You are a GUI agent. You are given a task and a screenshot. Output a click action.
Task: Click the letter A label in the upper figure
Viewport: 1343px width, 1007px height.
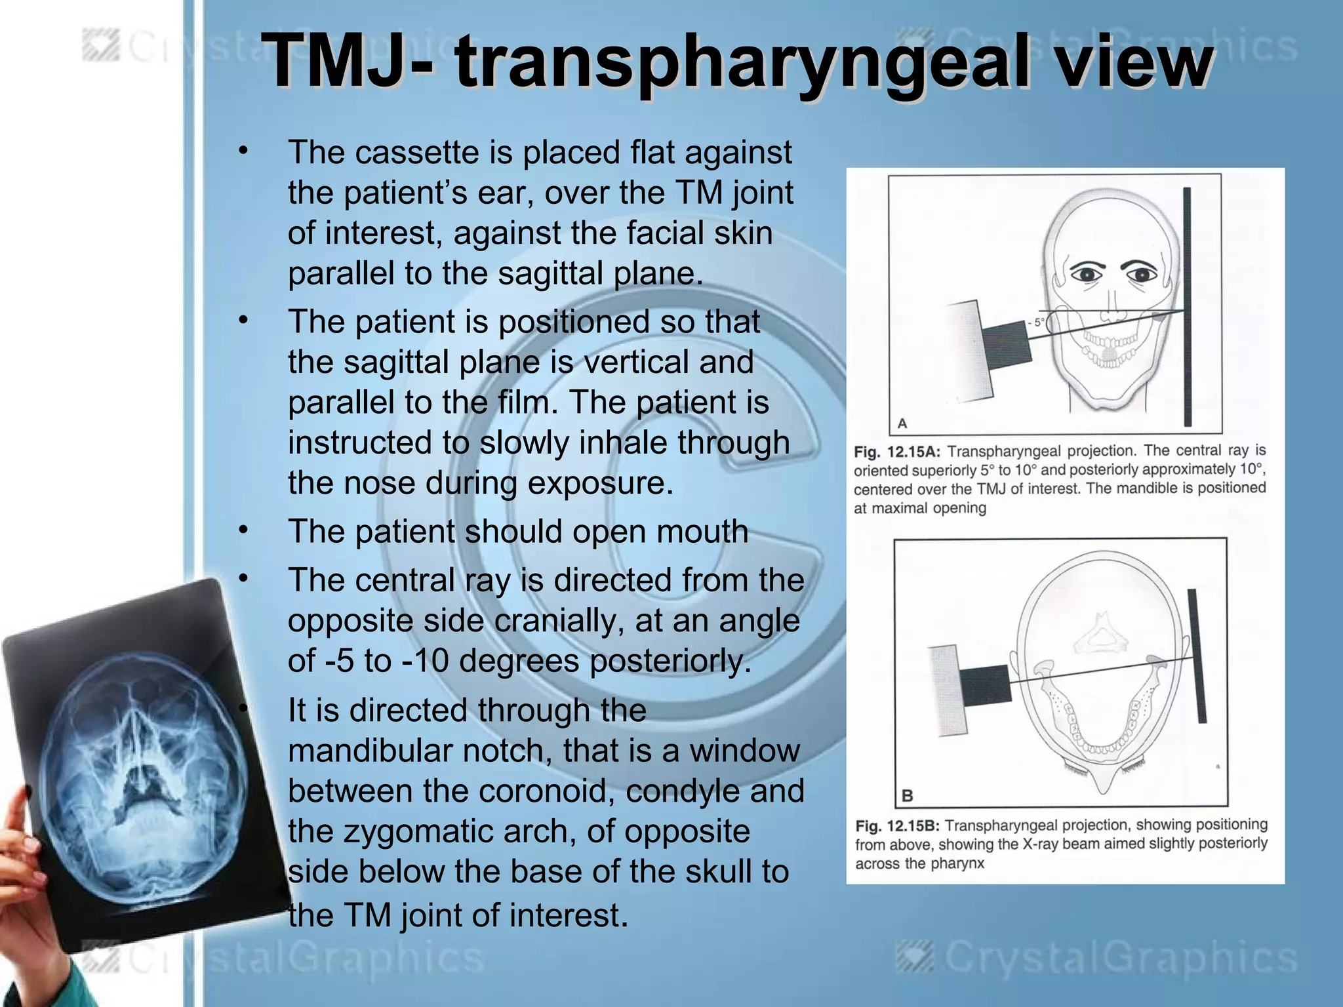click(x=902, y=423)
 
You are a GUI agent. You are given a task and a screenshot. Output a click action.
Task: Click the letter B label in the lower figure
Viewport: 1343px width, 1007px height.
click(x=908, y=796)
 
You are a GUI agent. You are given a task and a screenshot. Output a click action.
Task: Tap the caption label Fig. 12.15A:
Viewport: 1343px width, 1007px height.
click(x=897, y=452)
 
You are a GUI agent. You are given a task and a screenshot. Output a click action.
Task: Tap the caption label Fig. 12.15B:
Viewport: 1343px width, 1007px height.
click(x=898, y=826)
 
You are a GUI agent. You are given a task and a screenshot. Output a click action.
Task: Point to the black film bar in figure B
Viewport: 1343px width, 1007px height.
click(x=1197, y=656)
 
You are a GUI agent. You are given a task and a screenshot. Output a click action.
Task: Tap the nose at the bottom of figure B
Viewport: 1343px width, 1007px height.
click(x=1104, y=780)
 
